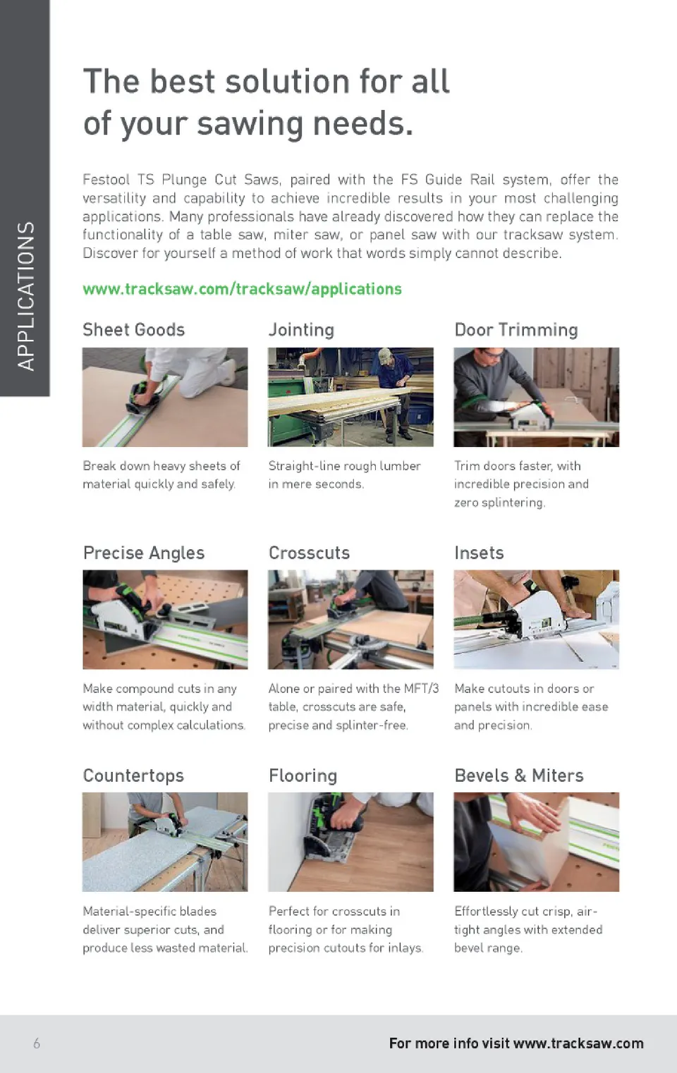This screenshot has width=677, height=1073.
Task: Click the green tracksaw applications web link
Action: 242,289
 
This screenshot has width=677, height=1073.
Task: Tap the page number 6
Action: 37,1043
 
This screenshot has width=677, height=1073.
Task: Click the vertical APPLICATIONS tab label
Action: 26,295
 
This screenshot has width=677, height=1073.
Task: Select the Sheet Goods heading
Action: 134,329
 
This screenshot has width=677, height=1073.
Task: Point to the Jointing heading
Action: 301,330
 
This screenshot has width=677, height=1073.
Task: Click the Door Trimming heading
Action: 516,330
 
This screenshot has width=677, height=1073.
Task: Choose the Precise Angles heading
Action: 144,553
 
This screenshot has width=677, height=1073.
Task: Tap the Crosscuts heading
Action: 309,553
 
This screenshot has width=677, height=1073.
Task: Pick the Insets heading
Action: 479,553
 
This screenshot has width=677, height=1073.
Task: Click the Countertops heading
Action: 133,775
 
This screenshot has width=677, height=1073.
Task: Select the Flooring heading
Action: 303,775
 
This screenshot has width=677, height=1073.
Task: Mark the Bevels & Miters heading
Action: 519,775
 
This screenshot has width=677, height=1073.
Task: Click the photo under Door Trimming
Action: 537,397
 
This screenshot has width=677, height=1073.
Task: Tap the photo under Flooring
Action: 350,842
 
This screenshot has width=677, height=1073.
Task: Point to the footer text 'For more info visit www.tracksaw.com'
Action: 516,1043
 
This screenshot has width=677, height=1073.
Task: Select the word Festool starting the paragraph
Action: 106,180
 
